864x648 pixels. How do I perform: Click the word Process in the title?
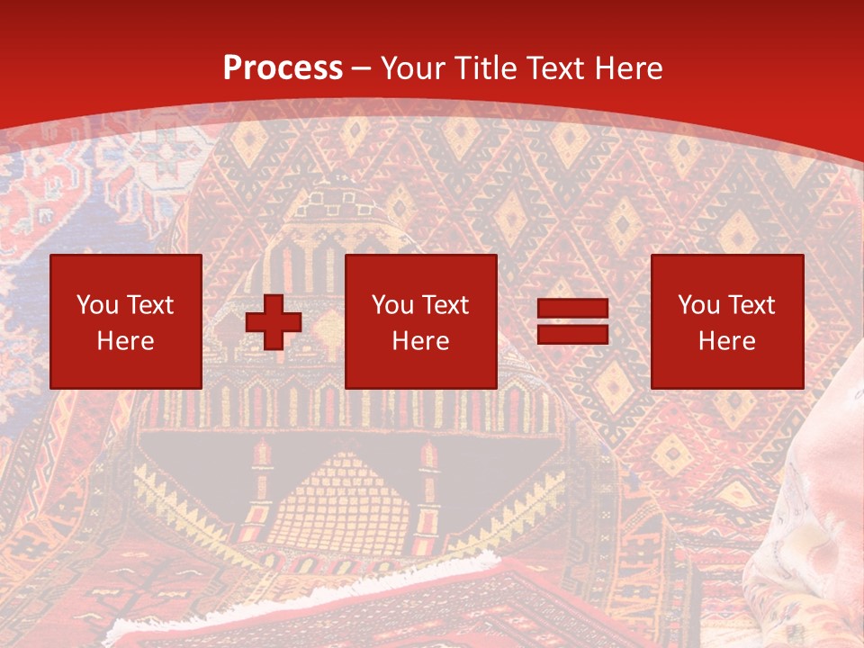point(283,68)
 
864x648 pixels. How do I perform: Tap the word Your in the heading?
point(415,68)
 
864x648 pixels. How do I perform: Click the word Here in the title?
point(626,68)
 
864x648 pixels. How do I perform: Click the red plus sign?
point(274,322)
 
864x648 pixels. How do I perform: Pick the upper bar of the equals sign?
point(572,309)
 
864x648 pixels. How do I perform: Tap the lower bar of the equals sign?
point(572,334)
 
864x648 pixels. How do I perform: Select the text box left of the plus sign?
point(125,321)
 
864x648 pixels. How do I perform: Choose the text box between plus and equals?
point(420,321)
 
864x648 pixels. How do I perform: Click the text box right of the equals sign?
point(726,321)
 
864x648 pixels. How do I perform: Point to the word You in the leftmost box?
point(96,305)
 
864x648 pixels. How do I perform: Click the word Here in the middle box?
point(420,341)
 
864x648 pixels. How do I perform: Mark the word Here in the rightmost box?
point(726,341)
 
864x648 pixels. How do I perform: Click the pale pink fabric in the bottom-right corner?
point(810,540)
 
